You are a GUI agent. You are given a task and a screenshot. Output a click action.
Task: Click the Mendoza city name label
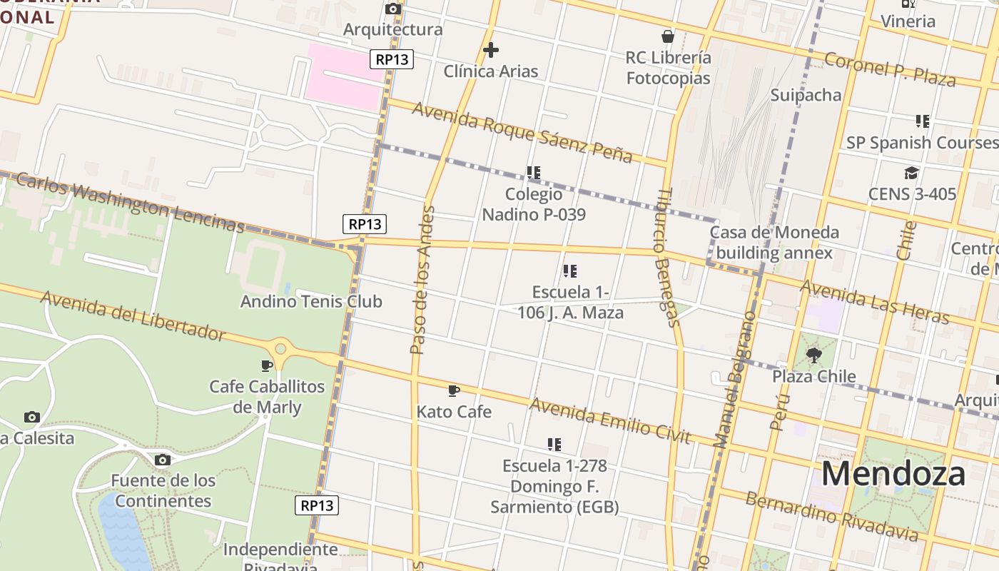tap(893, 474)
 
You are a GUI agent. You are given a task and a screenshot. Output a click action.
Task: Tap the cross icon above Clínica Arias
tap(490, 50)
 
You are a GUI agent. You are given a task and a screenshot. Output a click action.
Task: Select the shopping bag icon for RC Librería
tap(668, 36)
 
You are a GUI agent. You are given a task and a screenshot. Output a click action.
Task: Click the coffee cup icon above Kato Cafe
tap(453, 390)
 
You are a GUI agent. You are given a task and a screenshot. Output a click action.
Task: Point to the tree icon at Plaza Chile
tap(813, 355)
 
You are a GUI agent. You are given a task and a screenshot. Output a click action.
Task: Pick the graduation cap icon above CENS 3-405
tap(911, 173)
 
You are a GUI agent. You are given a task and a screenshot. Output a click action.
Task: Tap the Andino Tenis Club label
tap(311, 301)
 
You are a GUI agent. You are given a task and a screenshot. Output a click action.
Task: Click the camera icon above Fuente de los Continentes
tap(163, 460)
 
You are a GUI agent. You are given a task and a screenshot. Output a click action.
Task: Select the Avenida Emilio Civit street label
tap(610, 421)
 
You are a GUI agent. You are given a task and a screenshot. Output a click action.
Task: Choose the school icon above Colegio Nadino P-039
tap(533, 173)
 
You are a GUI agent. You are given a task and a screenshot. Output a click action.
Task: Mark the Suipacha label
tap(806, 95)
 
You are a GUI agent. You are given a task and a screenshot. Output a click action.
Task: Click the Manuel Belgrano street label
tap(735, 378)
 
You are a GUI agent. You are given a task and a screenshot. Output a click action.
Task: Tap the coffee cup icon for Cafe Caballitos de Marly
tap(267, 365)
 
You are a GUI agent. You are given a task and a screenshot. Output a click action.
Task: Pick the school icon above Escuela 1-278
tap(554, 445)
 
